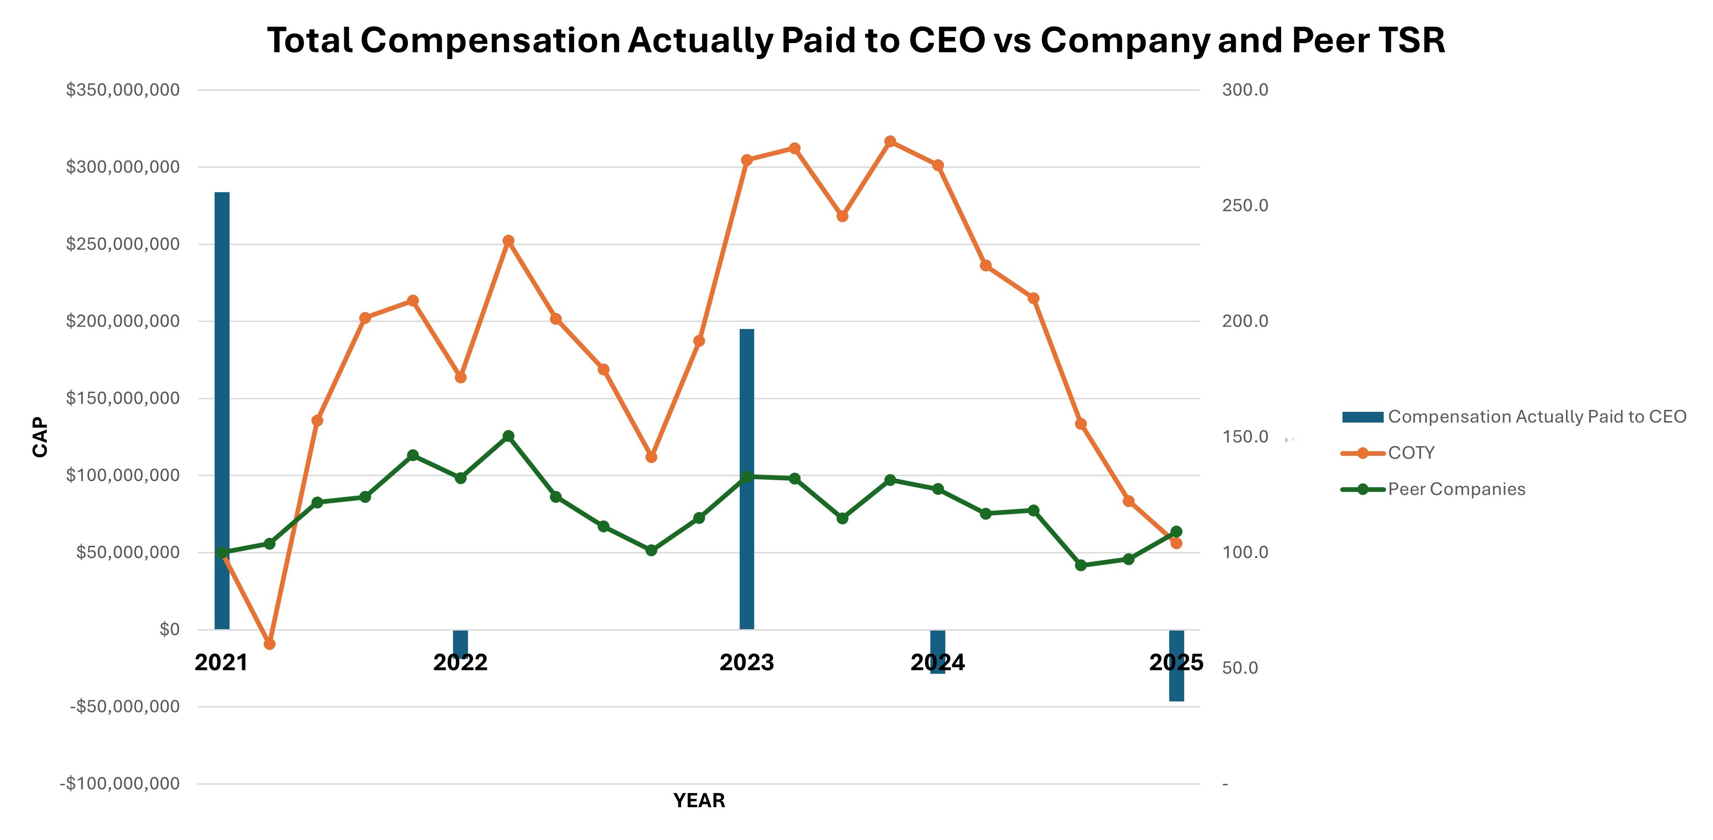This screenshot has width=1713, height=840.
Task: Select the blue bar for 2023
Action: [x=747, y=479]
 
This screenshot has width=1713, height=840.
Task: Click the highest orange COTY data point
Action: [x=890, y=141]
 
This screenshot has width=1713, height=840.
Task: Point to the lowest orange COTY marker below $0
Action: [x=269, y=644]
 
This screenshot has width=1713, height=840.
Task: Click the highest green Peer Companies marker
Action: [x=508, y=436]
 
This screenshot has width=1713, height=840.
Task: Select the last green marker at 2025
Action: [x=1176, y=531]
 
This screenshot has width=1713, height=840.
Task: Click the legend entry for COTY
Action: [x=1410, y=453]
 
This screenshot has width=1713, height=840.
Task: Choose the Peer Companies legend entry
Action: [x=1456, y=490]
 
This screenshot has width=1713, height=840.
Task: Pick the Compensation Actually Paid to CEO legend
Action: [x=1536, y=417]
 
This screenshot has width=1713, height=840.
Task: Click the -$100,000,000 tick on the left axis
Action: [x=120, y=783]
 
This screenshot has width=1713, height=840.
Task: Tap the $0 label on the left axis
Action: [x=170, y=629]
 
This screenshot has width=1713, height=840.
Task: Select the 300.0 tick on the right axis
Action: [x=1245, y=90]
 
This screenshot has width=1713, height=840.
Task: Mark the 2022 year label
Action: [x=460, y=662]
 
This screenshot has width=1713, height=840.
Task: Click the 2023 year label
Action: [x=747, y=662]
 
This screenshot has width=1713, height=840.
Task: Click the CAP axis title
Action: [x=41, y=437]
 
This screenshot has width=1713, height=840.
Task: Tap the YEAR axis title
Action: [x=699, y=801]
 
